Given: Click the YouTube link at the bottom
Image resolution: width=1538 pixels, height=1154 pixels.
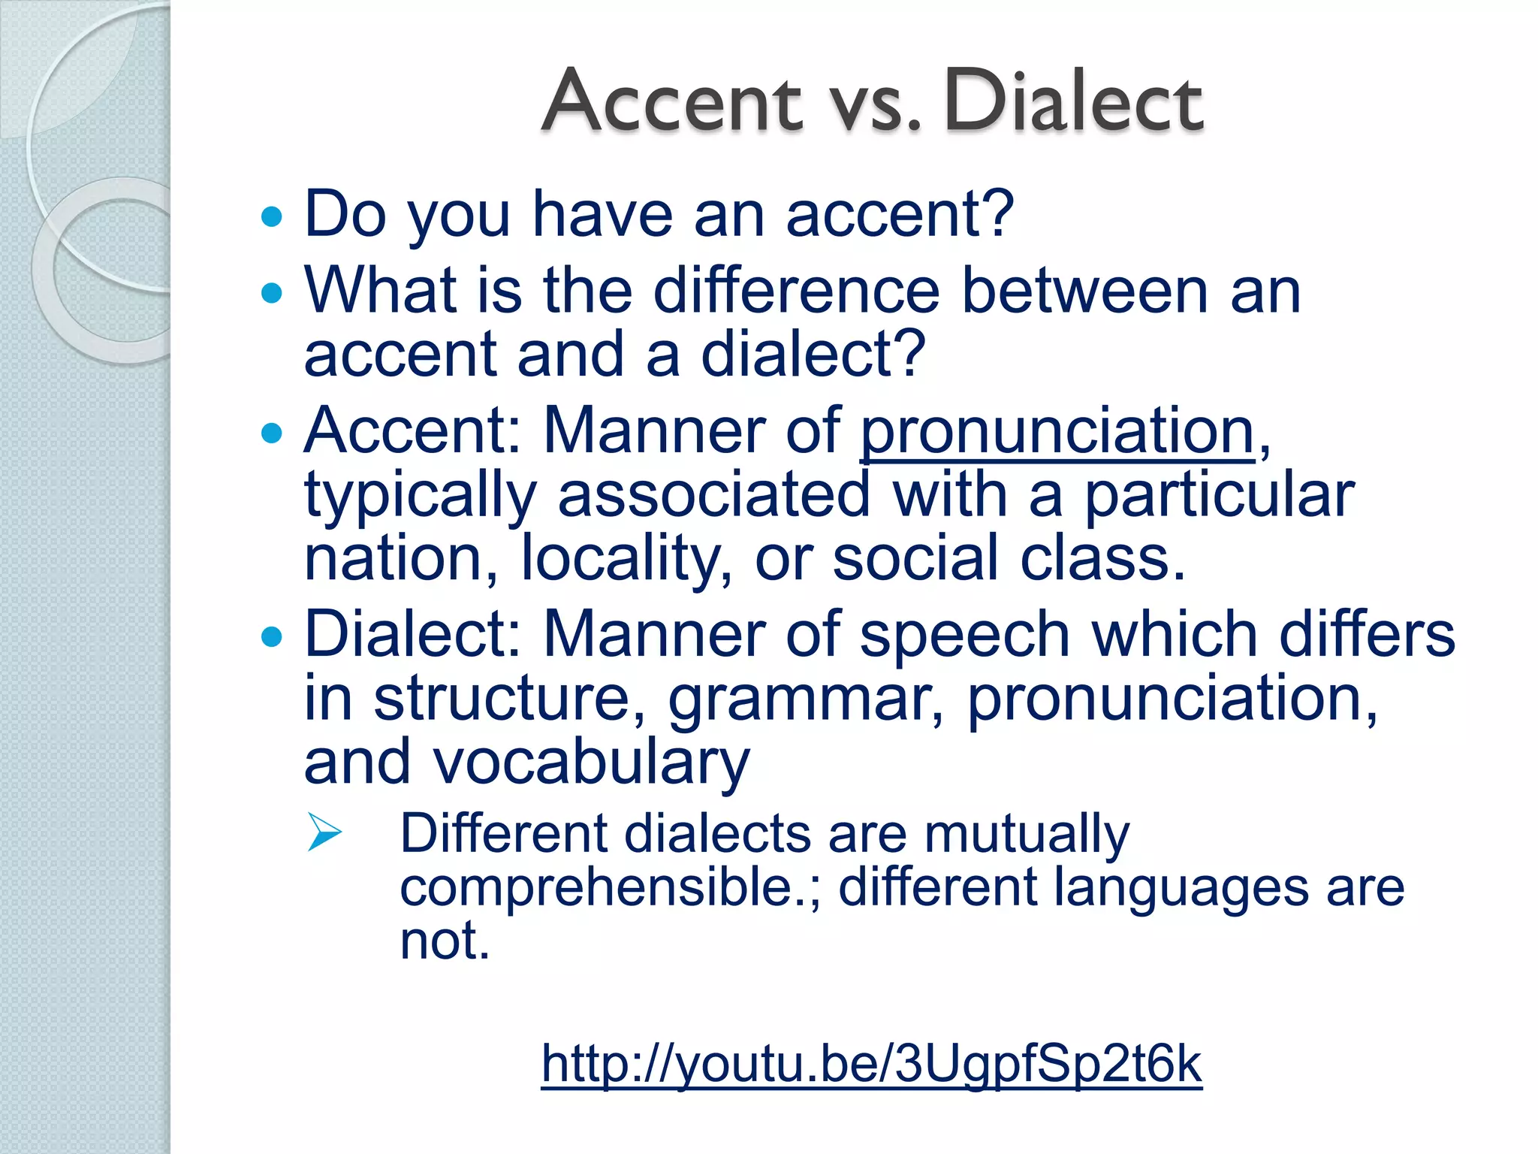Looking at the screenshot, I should [871, 1063].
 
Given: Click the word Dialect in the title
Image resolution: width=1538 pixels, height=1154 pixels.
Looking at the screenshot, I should [1074, 101].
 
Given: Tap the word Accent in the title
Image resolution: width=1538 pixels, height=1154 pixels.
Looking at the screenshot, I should [672, 101].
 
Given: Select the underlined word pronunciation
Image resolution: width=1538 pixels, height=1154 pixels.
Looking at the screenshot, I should [1057, 431].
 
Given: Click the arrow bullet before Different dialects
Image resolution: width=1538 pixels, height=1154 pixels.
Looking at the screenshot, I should [324, 832].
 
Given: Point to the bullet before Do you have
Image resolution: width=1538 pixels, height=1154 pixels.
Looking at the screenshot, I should [272, 218].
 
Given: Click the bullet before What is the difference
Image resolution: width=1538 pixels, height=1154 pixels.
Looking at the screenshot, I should [272, 292].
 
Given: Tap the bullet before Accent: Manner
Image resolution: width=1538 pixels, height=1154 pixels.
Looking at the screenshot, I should [272, 433].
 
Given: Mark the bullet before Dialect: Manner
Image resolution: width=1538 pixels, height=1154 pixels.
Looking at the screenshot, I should [272, 637].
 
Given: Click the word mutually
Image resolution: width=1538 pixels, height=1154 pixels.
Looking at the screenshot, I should [1027, 834].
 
